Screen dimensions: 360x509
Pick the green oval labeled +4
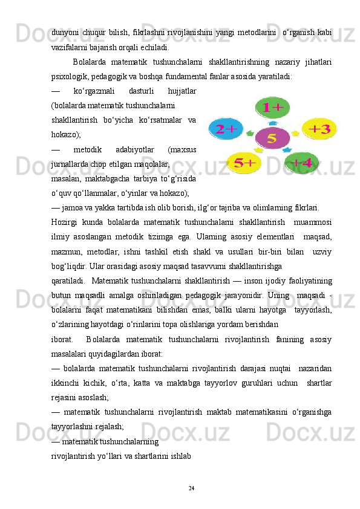[301, 163]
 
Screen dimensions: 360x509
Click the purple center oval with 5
[272, 138]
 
